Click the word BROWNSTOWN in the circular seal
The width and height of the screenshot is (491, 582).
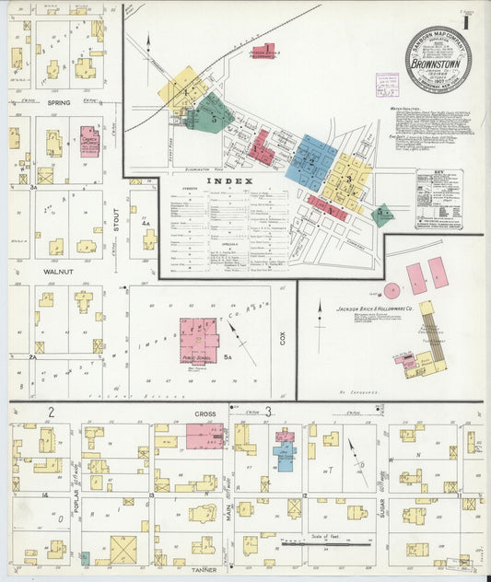[438, 65]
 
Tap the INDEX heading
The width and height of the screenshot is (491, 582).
[225, 181]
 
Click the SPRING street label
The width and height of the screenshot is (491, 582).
[59, 103]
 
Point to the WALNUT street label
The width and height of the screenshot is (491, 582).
[59, 273]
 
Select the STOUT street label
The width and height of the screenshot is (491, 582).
[116, 221]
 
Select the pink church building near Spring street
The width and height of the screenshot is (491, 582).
[89, 142]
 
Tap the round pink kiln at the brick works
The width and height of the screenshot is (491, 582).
[392, 290]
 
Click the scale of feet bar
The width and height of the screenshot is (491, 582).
[322, 544]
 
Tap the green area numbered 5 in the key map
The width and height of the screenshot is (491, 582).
[211, 115]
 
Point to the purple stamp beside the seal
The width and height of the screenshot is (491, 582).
[387, 85]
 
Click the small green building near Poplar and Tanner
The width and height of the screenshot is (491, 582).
[85, 557]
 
